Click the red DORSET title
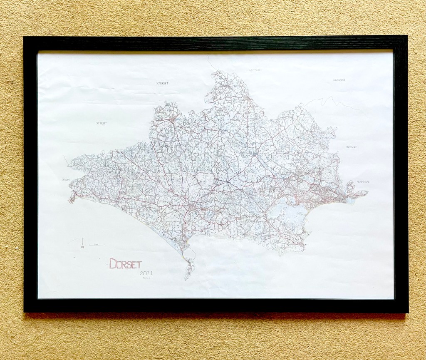click(125, 263)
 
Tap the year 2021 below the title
click(147, 273)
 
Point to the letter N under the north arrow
click(83, 247)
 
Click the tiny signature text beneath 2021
click(147, 278)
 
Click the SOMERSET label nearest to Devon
click(102, 123)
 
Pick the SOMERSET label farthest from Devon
click(162, 83)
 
